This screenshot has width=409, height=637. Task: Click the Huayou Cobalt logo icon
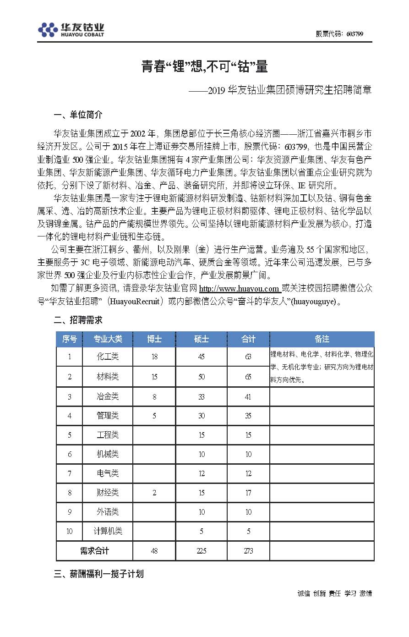[x=48, y=30]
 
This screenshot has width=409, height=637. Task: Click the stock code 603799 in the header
[x=355, y=34]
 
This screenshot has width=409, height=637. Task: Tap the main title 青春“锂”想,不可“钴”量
[x=204, y=67]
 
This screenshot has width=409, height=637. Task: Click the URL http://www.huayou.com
[x=239, y=289]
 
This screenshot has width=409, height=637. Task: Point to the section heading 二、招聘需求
[x=78, y=320]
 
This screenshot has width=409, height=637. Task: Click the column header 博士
[x=154, y=339]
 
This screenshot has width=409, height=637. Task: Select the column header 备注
[x=322, y=339]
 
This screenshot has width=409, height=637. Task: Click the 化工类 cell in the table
[x=108, y=357]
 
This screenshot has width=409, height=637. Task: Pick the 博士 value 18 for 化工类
[x=154, y=357]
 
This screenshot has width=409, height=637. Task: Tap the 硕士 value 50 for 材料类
[x=201, y=377]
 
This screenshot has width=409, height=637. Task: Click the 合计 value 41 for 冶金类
[x=248, y=397]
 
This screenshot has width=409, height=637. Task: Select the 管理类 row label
[x=108, y=416]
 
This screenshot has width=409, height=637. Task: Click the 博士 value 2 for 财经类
[x=154, y=493]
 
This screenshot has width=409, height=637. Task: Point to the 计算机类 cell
[x=108, y=531]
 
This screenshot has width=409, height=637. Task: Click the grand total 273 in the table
[x=248, y=551]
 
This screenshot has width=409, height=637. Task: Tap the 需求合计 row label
[x=94, y=551]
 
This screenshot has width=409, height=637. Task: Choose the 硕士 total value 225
[x=201, y=551]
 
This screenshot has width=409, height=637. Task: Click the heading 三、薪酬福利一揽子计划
[x=98, y=574]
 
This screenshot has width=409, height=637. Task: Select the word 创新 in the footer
[x=319, y=593]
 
